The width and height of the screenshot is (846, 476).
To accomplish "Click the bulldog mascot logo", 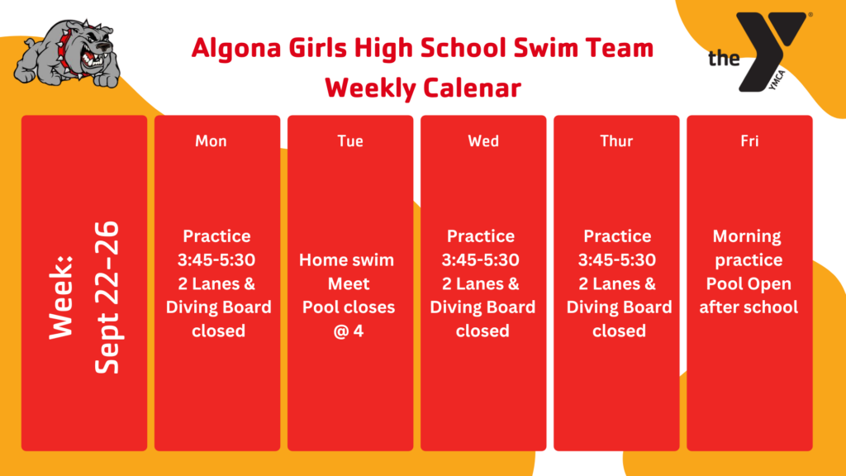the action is click(67, 54).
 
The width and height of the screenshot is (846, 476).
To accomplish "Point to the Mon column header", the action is click(211, 141).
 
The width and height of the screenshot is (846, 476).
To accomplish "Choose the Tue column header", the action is click(350, 141).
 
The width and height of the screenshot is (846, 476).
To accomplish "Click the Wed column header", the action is click(483, 141).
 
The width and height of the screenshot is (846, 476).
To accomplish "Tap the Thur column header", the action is click(616, 141).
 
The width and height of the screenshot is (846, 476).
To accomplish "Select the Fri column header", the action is click(749, 141).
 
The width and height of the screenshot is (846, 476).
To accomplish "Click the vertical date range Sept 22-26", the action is click(107, 297).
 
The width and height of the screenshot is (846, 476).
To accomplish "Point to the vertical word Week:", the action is click(60, 297).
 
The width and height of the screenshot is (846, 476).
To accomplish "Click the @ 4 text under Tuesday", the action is click(349, 331).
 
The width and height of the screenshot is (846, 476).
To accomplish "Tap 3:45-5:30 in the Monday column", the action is click(216, 260).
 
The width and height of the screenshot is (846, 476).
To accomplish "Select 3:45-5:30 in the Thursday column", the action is click(617, 260).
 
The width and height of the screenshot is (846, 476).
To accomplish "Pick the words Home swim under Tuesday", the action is click(346, 260).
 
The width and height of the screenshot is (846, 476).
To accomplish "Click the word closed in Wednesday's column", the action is click(482, 331).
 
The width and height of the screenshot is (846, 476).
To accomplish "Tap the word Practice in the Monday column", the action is click(216, 236).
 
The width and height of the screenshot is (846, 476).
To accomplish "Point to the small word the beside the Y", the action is click(724, 59).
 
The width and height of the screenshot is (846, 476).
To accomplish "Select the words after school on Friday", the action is click(749, 307).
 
